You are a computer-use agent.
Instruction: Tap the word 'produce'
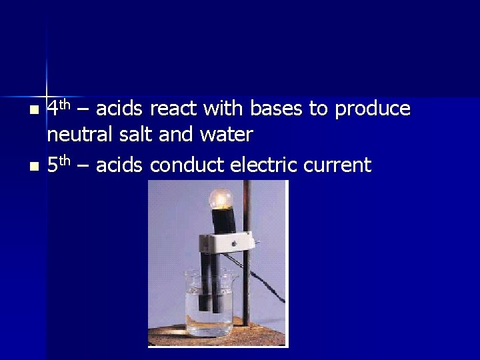pyautogui.click(x=373, y=109)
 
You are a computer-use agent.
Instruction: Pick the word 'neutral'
pyautogui.click(x=79, y=135)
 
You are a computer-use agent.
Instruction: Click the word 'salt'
pyautogui.click(x=136, y=135)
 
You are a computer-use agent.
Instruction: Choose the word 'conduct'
pyautogui.click(x=187, y=165)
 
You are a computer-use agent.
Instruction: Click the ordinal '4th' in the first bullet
pyautogui.click(x=59, y=107)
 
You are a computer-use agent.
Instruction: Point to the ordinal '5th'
pyautogui.click(x=59, y=164)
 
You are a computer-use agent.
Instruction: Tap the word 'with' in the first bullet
pyautogui.click(x=223, y=108)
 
